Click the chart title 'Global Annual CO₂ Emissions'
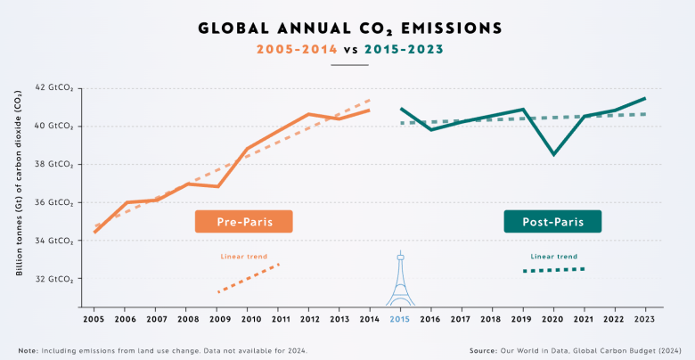[x=347, y=28]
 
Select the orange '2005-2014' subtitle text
[x=296, y=50]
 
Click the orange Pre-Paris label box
[x=245, y=221]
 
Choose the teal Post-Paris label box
[x=552, y=221]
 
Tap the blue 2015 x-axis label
[x=400, y=318]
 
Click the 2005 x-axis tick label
[x=93, y=318]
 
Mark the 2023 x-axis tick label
[x=644, y=318]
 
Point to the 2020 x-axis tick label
[x=553, y=318]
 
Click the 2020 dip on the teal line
[x=553, y=154]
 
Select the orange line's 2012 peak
[x=308, y=114]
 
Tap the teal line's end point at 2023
[x=644, y=98]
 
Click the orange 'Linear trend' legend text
[x=244, y=257]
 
